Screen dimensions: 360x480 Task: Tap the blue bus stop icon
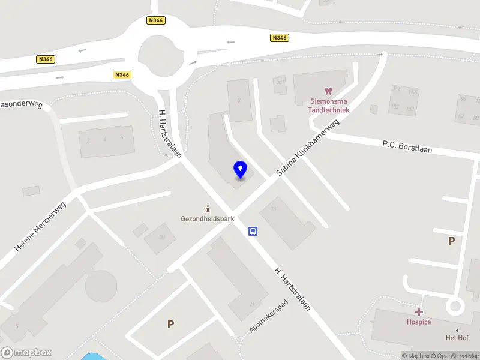coord(253,231)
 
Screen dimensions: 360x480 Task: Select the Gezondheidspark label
coord(208,219)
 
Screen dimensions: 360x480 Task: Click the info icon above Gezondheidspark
coord(208,209)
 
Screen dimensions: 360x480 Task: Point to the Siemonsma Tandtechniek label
coord(328,106)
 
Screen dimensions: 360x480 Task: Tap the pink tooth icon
coord(328,91)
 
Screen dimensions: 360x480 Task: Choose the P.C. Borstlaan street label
coord(407,146)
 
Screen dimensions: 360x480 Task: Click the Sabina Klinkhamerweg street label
coord(308,147)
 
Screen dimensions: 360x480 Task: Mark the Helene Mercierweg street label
coord(40,226)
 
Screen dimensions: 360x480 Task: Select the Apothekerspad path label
coord(269,317)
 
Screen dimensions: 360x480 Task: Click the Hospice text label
coord(419,322)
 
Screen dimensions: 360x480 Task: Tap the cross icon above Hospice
coord(419,312)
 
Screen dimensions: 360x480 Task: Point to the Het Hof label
coord(457,338)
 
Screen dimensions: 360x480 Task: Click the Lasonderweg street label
coord(22,104)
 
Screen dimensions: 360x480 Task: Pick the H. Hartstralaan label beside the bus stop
coord(292,289)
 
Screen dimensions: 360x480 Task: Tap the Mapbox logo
coord(26,352)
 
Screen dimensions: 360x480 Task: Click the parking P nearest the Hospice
coord(451,241)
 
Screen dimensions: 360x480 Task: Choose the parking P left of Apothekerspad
coord(170,324)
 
